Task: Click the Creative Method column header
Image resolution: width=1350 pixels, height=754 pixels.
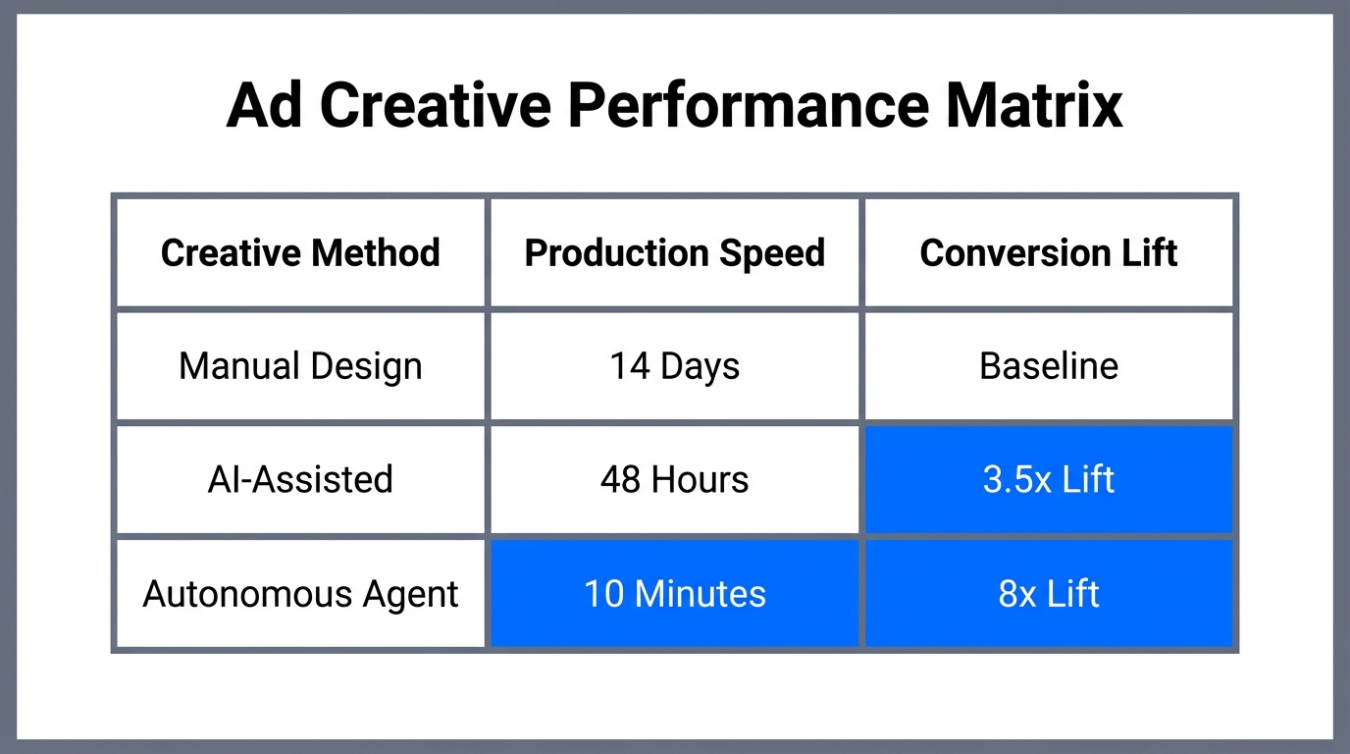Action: click(300, 253)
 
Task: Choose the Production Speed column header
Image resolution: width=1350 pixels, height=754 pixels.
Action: click(675, 253)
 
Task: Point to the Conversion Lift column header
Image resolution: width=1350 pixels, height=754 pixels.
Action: click(1049, 253)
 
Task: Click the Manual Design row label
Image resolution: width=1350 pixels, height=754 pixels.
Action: click(300, 366)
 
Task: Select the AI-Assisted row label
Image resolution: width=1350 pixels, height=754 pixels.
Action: click(300, 480)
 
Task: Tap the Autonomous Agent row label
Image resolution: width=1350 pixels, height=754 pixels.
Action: click(300, 594)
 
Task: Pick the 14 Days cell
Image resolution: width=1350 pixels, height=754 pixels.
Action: click(675, 366)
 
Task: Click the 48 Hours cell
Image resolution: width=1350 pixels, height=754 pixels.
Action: click(675, 480)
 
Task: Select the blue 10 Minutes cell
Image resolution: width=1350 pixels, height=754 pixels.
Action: click(675, 594)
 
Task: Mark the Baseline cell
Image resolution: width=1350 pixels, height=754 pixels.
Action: click(1049, 366)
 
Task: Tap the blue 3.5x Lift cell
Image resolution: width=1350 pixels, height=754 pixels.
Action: click(1049, 480)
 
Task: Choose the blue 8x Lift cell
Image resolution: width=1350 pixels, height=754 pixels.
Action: click(1049, 594)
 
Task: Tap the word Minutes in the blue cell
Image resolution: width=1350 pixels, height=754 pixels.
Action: click(701, 594)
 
